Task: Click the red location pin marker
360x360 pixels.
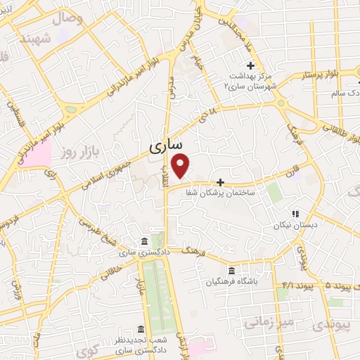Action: point(181,165)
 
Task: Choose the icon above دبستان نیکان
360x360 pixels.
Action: point(295,214)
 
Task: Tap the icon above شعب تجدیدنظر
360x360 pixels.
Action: point(141,329)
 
